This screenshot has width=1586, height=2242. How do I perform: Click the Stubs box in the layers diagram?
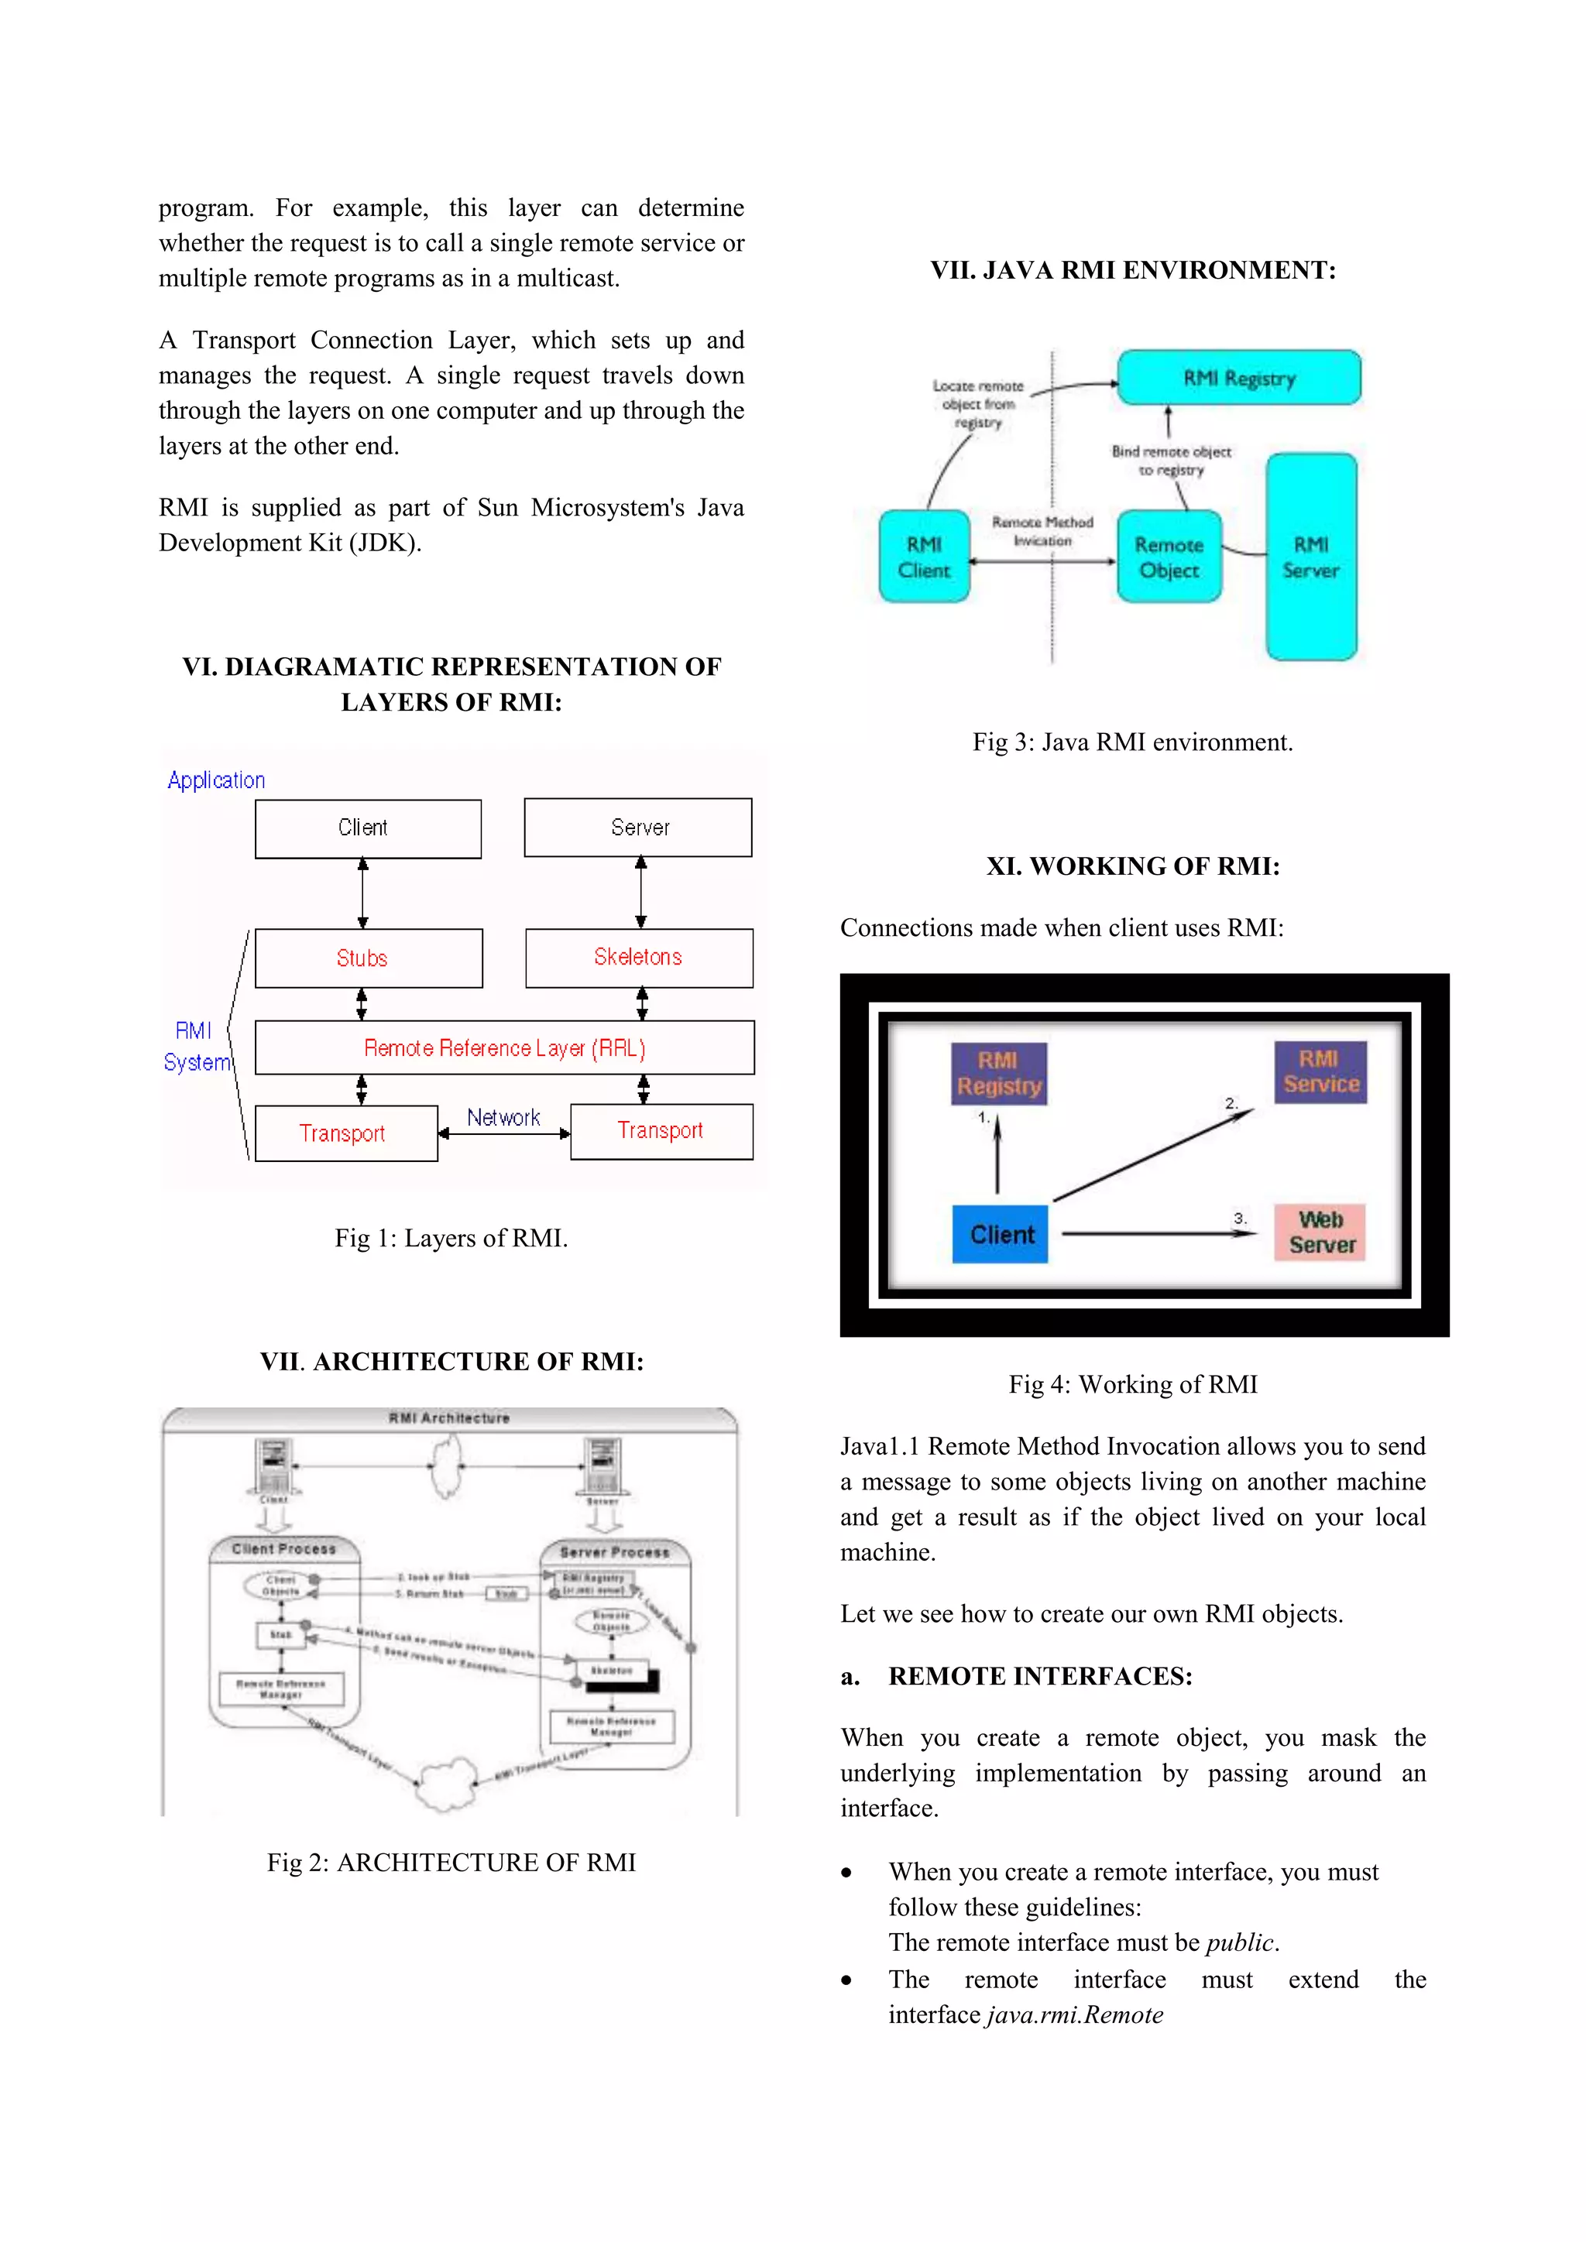pyautogui.click(x=368, y=958)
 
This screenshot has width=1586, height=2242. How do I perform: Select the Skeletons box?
pyautogui.click(x=639, y=958)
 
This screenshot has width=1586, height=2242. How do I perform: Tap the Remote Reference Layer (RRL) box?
pyautogui.click(x=504, y=1047)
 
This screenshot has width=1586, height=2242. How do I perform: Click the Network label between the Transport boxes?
pyautogui.click(x=503, y=1117)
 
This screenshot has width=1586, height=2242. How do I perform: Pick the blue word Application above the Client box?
pyautogui.click(x=216, y=780)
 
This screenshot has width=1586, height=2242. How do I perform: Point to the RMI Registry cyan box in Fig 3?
pyautogui.click(x=1238, y=378)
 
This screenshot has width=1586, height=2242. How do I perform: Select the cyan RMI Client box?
pyautogui.click(x=924, y=557)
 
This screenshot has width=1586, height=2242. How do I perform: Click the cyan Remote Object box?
pyautogui.click(x=1169, y=557)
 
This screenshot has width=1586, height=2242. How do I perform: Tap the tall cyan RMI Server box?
pyautogui.click(x=1310, y=557)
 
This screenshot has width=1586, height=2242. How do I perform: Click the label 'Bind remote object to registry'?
pyautogui.click(x=1171, y=461)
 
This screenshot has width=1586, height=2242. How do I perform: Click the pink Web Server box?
pyautogui.click(x=1320, y=1232)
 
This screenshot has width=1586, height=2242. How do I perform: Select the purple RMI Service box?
pyautogui.click(x=1320, y=1072)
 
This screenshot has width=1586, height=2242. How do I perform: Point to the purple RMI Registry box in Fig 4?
pyautogui.click(x=998, y=1073)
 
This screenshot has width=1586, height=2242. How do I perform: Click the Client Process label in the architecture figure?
pyautogui.click(x=283, y=1548)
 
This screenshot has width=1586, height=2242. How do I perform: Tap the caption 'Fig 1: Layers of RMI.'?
pyautogui.click(x=450, y=1238)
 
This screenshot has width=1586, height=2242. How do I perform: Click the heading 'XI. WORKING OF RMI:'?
pyautogui.click(x=1132, y=866)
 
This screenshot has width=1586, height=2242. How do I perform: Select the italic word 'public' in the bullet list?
pyautogui.click(x=1241, y=1942)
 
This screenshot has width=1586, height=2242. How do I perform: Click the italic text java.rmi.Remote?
pyautogui.click(x=1074, y=2014)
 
